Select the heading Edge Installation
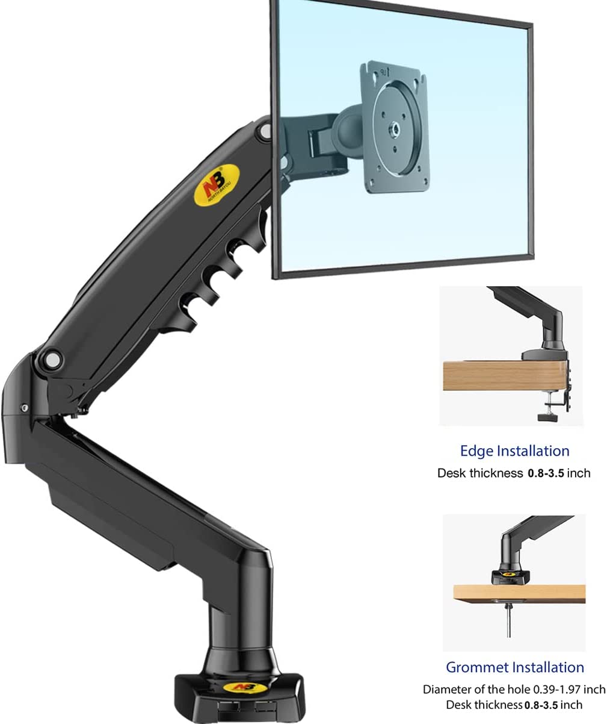click(514, 451)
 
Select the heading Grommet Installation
click(515, 667)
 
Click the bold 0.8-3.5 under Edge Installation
click(546, 473)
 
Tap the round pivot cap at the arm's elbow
click(52, 360)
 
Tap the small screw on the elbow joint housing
click(24, 408)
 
